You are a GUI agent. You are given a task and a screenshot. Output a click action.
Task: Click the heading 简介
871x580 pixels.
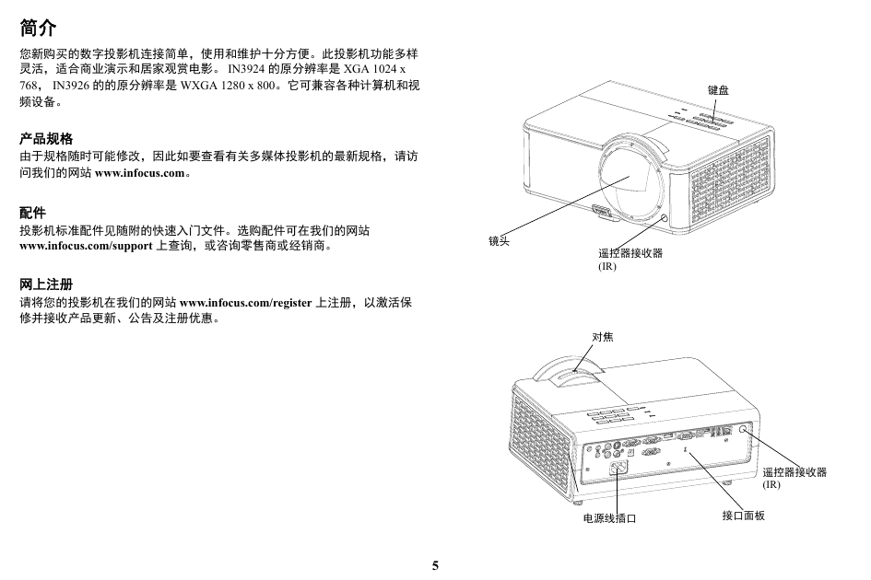[x=38, y=28]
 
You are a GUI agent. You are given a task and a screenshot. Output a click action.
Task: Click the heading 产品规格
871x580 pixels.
[x=46, y=138]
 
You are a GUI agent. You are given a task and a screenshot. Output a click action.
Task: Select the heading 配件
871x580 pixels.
[x=33, y=212]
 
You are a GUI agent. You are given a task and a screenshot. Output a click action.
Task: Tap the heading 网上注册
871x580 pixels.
[x=46, y=284]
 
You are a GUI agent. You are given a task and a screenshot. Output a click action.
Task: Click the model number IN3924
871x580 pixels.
[x=246, y=69]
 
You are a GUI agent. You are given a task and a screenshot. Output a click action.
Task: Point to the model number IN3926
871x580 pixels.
[x=71, y=86]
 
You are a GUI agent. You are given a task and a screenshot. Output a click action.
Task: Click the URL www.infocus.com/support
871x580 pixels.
[x=86, y=246]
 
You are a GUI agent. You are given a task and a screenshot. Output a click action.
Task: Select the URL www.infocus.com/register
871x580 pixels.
[x=245, y=303]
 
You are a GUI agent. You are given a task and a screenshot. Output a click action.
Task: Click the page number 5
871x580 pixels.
[x=435, y=565]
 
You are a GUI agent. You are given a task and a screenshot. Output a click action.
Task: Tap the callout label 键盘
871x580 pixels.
[x=718, y=90]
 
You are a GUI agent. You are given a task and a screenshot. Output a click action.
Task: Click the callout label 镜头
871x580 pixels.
[x=499, y=241]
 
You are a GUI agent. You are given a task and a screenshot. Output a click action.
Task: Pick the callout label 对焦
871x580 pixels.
[x=603, y=337]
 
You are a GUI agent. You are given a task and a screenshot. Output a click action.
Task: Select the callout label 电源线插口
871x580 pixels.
[x=609, y=517]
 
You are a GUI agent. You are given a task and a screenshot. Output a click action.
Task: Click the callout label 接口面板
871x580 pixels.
[x=743, y=516]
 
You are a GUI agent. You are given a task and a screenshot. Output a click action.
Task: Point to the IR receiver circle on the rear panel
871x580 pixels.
[x=744, y=430]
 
